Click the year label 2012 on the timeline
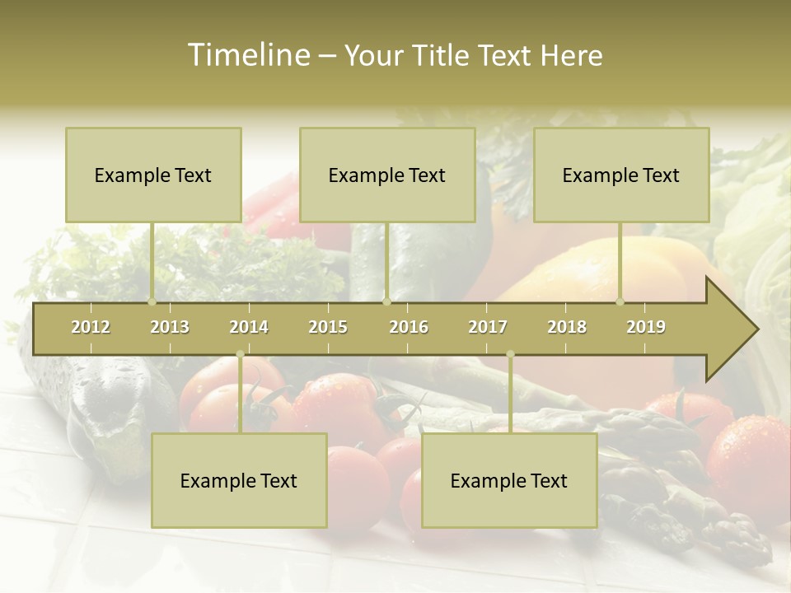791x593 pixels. pos(91,327)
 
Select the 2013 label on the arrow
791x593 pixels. pos(170,327)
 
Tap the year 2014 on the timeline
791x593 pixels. pos(249,327)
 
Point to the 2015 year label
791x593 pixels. pos(328,327)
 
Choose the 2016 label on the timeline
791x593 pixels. pos(409,327)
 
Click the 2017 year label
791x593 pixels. pos(488,327)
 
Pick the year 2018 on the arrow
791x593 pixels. pos(567,327)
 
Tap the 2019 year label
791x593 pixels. pos(646,327)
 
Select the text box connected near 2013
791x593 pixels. pos(153,175)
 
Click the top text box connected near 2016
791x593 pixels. pos(387,175)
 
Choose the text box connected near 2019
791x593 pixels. pos(621,175)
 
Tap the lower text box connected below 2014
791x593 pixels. pos(239,480)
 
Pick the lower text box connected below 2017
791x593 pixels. pos(509,480)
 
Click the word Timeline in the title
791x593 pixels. pos(247,55)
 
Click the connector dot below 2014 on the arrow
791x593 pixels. pos(240,354)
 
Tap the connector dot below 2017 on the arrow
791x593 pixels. pos(510,354)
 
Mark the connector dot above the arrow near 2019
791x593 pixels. pos(620,301)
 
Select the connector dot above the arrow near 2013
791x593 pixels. pos(152,301)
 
